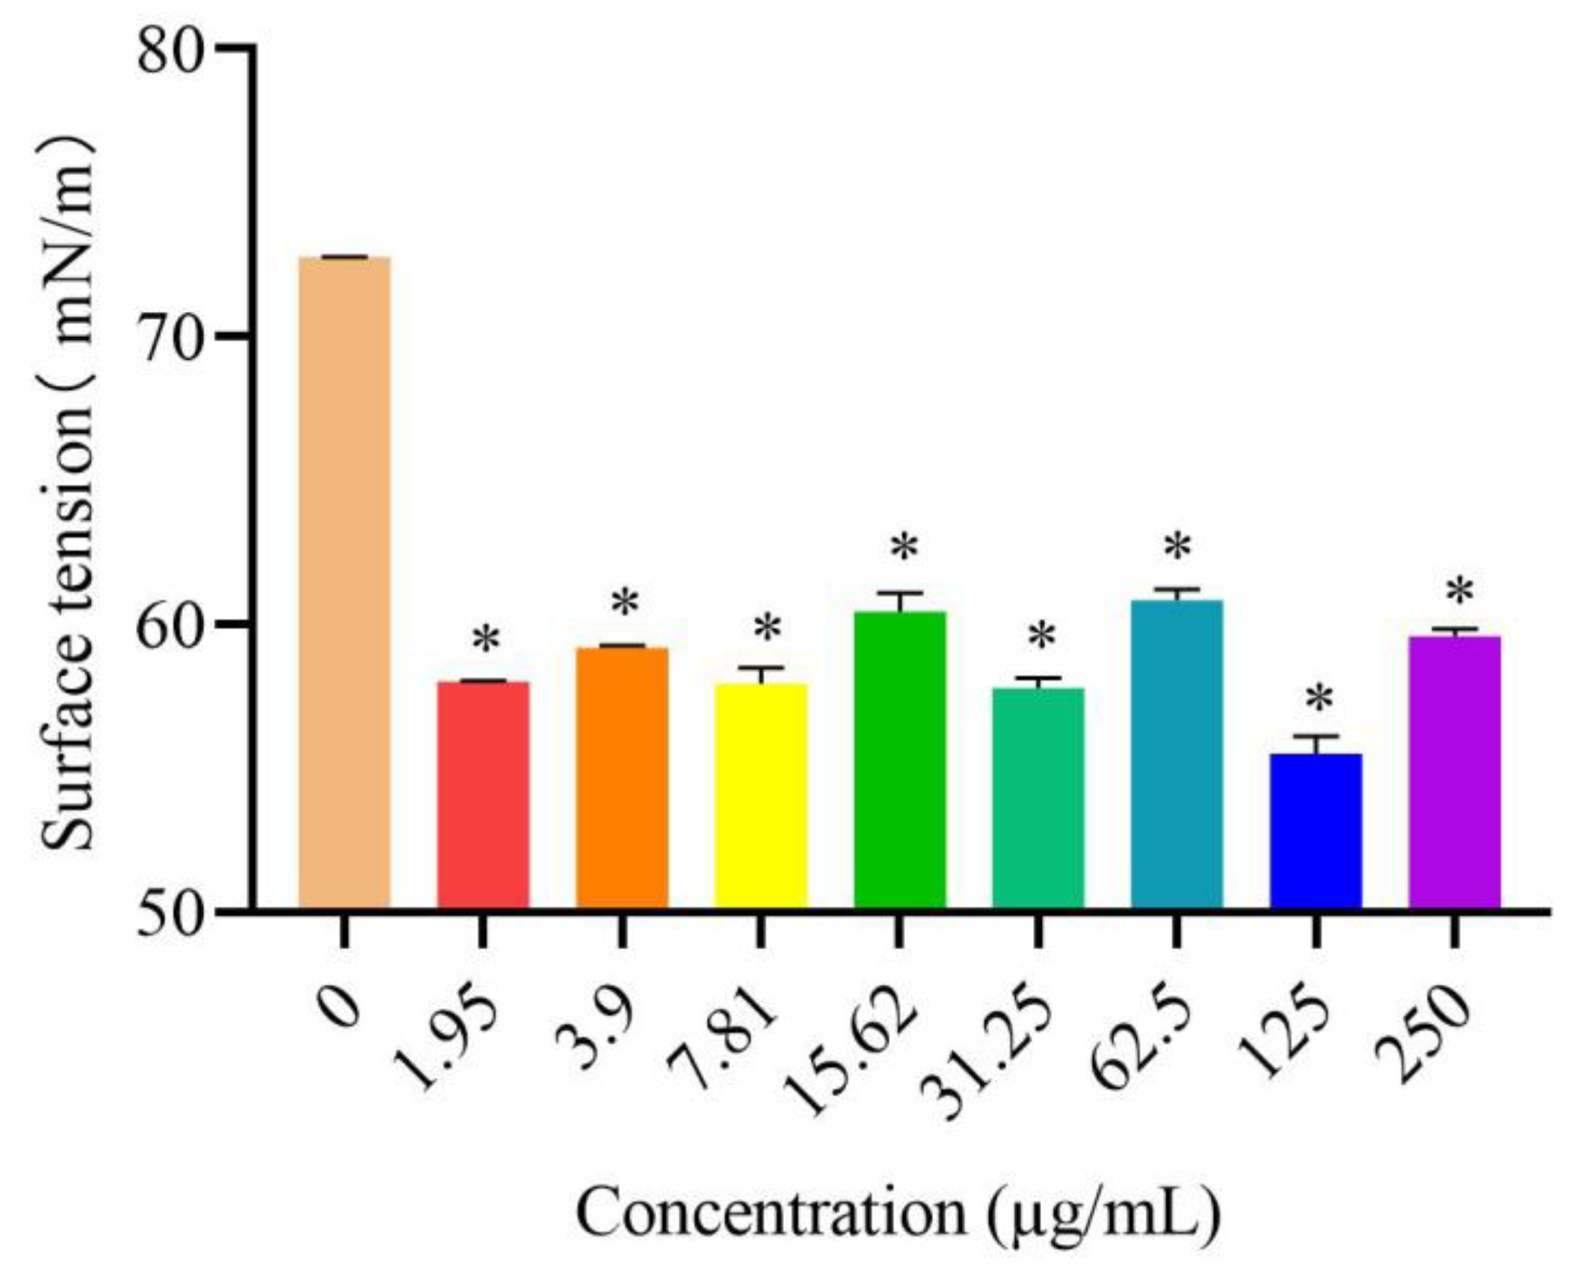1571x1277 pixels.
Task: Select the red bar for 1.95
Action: (483, 794)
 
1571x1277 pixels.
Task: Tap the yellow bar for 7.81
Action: (761, 794)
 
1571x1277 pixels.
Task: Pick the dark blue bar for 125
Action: (1316, 831)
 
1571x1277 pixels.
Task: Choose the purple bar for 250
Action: (1454, 772)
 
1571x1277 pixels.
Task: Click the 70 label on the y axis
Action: (170, 338)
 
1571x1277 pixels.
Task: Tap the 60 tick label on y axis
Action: (170, 626)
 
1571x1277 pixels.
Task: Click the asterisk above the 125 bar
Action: (1320, 699)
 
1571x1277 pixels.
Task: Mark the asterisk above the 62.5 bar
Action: (1177, 547)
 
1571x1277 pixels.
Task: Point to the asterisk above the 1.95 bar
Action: (486, 640)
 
